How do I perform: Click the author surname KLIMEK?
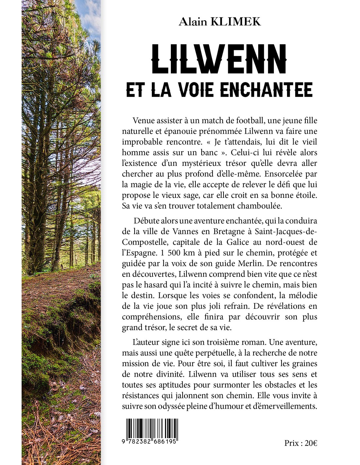tap(236, 22)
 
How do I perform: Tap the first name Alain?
tap(193, 22)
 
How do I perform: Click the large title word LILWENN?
tap(219, 60)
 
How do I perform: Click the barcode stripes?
tap(152, 428)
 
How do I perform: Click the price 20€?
tap(311, 443)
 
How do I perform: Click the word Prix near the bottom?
tap(292, 443)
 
